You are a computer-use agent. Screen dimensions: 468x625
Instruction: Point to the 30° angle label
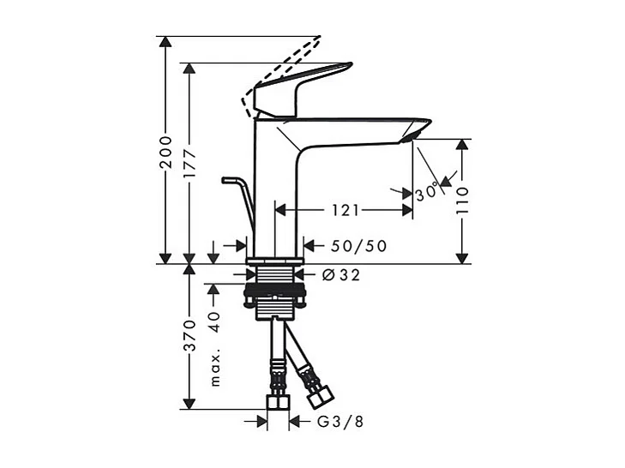click(427, 193)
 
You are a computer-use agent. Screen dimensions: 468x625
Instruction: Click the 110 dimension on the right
click(463, 201)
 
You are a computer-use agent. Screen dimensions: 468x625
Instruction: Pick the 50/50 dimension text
click(358, 246)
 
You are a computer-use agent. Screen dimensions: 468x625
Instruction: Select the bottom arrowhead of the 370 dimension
click(190, 402)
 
